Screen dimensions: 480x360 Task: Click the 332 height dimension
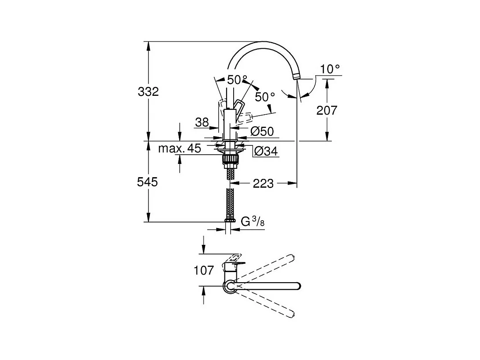[148, 91]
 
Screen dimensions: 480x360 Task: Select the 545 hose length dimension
[148, 182]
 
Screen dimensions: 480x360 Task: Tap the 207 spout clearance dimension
[327, 110]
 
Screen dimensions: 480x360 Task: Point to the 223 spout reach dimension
[263, 184]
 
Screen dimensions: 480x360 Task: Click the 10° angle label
[330, 69]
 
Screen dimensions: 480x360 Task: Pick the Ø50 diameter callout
[262, 131]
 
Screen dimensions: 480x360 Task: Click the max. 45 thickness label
[180, 149]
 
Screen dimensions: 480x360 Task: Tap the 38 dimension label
[202, 122]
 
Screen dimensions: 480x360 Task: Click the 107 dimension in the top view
[204, 270]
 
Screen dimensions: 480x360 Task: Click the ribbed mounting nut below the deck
[230, 159]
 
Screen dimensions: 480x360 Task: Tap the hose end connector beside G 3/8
[230, 220]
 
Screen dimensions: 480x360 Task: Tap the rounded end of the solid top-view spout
[298, 286]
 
